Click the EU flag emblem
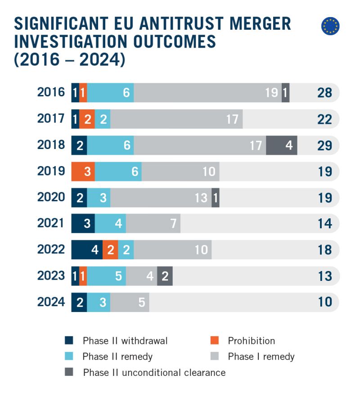tap(330, 26)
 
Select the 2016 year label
tap(51, 93)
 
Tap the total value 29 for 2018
tap(324, 145)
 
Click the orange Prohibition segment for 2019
tap(83, 172)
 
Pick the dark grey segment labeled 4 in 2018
tap(282, 145)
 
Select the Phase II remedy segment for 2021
tap(110, 224)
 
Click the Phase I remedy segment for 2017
tap(176, 119)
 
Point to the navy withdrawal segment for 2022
tap(87, 250)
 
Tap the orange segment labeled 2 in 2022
tap(110, 250)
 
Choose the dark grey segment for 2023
tap(165, 276)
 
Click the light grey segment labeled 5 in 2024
tap(130, 302)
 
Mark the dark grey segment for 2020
tap(216, 198)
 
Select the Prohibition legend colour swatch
tap(215, 341)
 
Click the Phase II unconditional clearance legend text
tap(154, 372)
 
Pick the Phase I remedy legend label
tap(261, 357)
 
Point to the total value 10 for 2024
tap(324, 302)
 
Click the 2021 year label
tap(51, 224)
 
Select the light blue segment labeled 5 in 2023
tap(106, 276)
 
